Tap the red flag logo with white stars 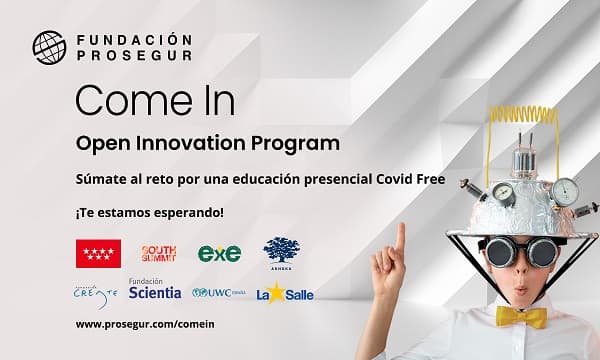pos(98,253)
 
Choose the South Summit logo pos(159,253)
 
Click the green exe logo pos(219,254)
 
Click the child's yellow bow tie pos(521,318)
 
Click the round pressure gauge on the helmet pos(566,190)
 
